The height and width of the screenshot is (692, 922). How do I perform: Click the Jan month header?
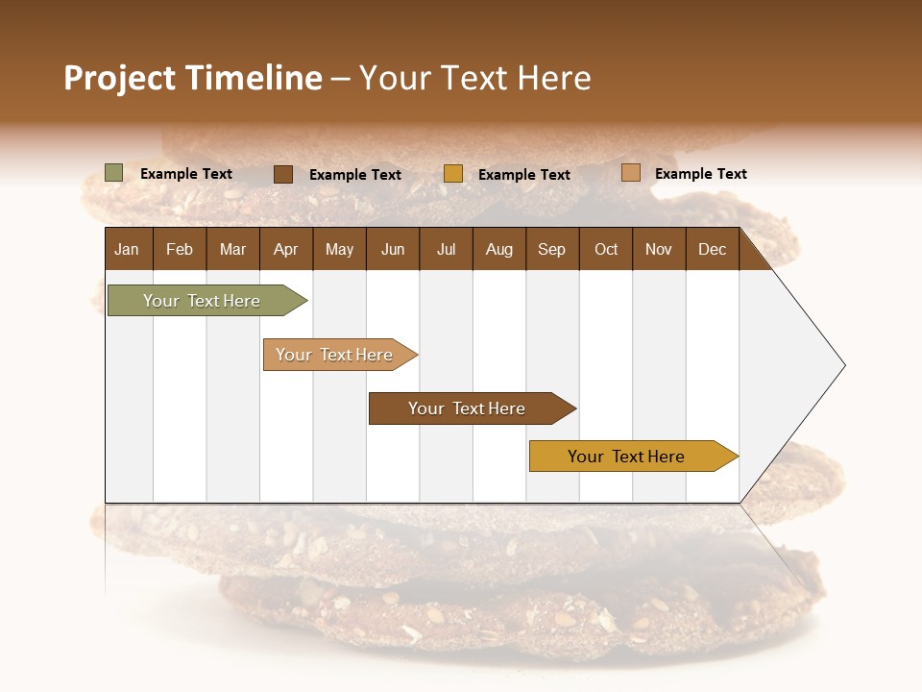pos(128,249)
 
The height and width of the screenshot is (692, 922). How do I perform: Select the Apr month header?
pos(286,249)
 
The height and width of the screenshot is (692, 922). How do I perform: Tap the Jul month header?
pos(446,249)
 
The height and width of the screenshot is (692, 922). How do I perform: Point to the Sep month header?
pos(551,249)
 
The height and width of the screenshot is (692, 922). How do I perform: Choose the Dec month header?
pos(712,249)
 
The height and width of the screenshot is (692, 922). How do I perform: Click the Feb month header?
pos(180,249)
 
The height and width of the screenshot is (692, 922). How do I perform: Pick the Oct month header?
pos(606,249)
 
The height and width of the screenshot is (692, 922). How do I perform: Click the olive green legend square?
pos(113,173)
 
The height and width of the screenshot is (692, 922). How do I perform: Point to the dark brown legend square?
pos(283,174)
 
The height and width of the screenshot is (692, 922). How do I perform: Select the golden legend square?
pos(453,174)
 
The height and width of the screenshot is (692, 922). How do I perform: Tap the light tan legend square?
pos(631,173)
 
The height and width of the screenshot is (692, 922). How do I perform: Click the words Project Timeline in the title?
pos(193,78)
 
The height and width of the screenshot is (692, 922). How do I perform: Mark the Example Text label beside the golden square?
pos(524,175)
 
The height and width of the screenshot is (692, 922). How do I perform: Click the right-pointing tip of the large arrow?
pos(841,365)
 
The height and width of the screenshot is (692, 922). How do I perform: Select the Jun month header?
pos(393,249)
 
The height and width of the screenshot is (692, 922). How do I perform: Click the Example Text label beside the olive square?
pos(186,174)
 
